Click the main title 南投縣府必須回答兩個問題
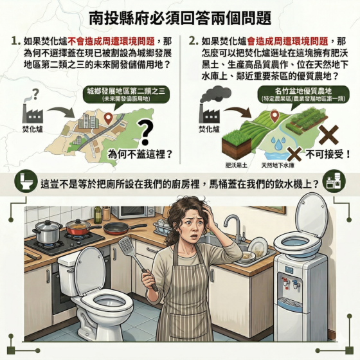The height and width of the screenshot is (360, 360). [x=180, y=19]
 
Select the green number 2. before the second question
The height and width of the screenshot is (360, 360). [x=194, y=41]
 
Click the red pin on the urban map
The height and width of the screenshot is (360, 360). [x=108, y=118]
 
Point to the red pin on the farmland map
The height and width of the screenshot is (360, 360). [x=274, y=116]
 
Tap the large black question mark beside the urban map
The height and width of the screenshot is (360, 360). [x=145, y=132]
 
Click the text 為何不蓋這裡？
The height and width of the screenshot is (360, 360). [x=140, y=154]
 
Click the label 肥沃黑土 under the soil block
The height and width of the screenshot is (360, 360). [x=237, y=165]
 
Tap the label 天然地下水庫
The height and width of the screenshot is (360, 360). [x=278, y=165]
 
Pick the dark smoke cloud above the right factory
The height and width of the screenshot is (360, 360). [x=215, y=94]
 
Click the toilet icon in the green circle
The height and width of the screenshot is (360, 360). [x=26, y=181]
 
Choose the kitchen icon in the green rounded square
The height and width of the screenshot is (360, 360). [x=334, y=181]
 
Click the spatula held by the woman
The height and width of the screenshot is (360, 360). [x=136, y=262]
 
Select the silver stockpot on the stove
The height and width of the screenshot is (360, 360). [x=48, y=231]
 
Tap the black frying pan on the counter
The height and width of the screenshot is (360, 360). [x=124, y=228]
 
